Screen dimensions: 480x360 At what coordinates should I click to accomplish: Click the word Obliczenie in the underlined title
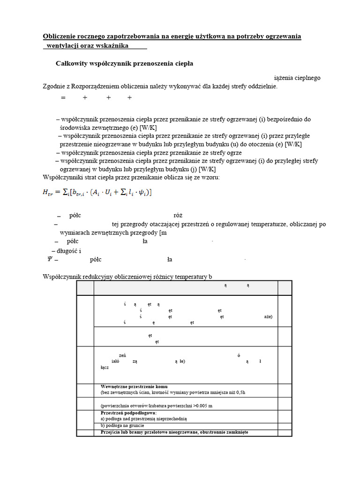[x=60, y=37]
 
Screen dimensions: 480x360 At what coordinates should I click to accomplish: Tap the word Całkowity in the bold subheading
[x=71, y=63]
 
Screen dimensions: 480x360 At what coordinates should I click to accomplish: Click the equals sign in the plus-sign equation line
[x=62, y=98]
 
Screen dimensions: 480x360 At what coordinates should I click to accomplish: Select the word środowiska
[x=78, y=127]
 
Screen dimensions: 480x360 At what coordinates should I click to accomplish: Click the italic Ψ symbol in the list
[x=50, y=259]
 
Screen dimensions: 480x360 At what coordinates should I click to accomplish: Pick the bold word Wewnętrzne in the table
[x=113, y=387]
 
